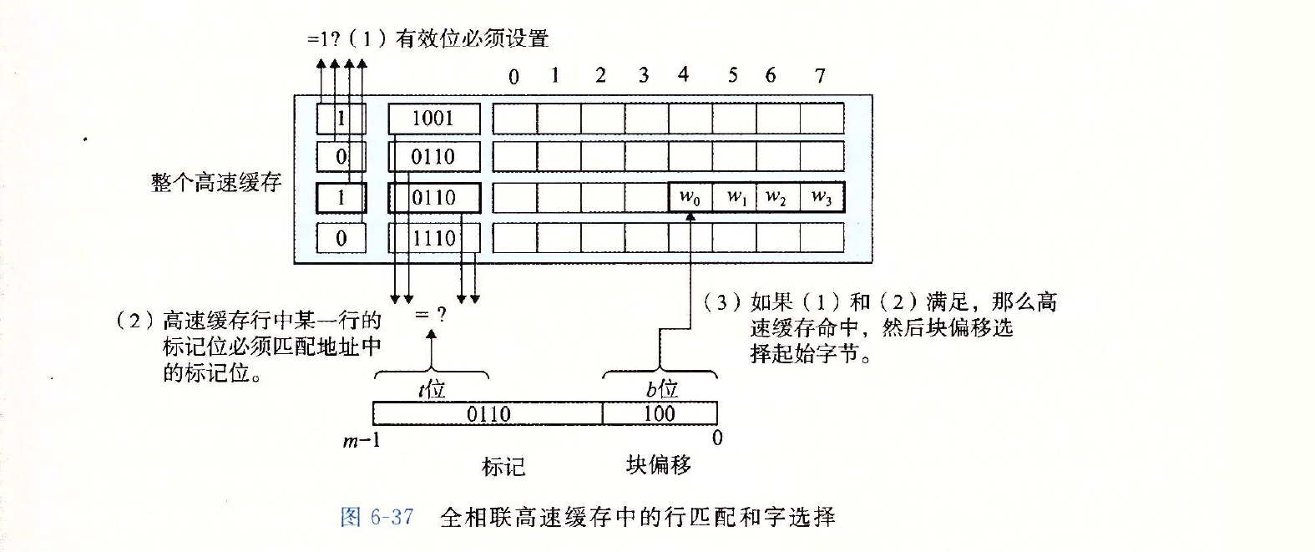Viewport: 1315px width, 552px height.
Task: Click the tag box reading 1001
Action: click(433, 118)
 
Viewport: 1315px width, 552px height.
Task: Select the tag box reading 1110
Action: click(433, 238)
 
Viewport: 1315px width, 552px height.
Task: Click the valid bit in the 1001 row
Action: click(341, 118)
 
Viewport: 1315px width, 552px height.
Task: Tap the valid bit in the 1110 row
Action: click(341, 238)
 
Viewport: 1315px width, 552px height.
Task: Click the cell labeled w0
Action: click(690, 198)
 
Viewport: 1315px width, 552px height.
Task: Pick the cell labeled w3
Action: click(822, 198)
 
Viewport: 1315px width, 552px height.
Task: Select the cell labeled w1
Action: click(736, 198)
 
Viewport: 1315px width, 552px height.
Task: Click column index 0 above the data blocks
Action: click(513, 77)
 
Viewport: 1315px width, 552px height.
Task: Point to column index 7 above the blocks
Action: click(820, 76)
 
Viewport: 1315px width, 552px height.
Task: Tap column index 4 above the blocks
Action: click(683, 75)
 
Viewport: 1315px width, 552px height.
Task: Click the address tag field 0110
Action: click(488, 413)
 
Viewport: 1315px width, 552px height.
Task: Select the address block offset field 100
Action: click(659, 413)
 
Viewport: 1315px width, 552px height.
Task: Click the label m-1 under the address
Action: click(362, 440)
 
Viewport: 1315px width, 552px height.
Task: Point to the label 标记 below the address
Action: click(503, 466)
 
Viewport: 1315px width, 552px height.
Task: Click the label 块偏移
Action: click(659, 464)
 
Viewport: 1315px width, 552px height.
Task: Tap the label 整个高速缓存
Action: click(216, 182)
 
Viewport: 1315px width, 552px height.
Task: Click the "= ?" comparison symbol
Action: click(431, 314)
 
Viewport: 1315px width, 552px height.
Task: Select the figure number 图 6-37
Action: click(377, 517)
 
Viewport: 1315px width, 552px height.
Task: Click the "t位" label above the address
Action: click(432, 389)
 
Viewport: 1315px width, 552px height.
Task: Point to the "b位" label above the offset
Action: click(661, 388)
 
